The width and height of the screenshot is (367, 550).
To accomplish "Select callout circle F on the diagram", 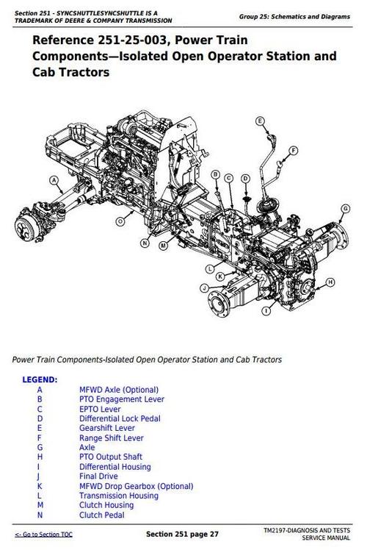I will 294,150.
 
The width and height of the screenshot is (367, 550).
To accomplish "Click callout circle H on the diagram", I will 330,282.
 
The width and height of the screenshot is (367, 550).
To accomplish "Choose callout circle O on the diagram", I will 120,221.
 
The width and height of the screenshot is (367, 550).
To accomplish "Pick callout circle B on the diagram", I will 215,174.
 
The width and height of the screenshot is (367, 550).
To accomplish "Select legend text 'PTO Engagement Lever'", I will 121,399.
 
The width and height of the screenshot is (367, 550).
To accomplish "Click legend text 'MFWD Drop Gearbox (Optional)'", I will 136,486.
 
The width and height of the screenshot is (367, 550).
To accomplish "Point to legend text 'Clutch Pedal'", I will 102,515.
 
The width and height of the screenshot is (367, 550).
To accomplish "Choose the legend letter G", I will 40,447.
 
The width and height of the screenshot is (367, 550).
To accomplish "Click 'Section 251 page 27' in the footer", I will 181,532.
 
